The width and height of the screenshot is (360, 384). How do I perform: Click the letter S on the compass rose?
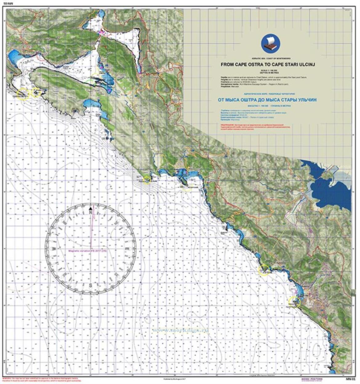coord(90,285)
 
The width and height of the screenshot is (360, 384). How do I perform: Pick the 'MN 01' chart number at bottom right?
coord(349,379)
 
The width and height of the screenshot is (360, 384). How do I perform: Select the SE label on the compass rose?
coord(116,274)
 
